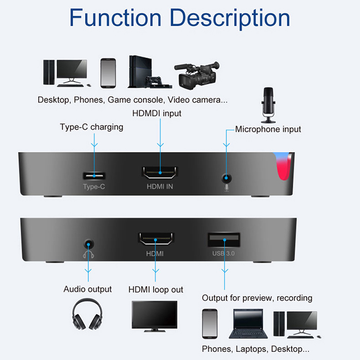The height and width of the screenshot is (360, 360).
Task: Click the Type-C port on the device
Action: click(x=94, y=175)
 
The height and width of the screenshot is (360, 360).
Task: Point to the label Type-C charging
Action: click(x=91, y=127)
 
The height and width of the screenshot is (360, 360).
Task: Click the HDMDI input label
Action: click(x=157, y=113)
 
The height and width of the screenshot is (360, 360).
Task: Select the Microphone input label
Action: click(x=268, y=129)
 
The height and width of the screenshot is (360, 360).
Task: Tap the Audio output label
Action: click(x=87, y=289)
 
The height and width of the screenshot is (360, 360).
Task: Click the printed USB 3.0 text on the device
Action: click(x=224, y=254)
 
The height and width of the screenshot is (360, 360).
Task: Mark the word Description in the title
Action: click(x=232, y=18)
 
